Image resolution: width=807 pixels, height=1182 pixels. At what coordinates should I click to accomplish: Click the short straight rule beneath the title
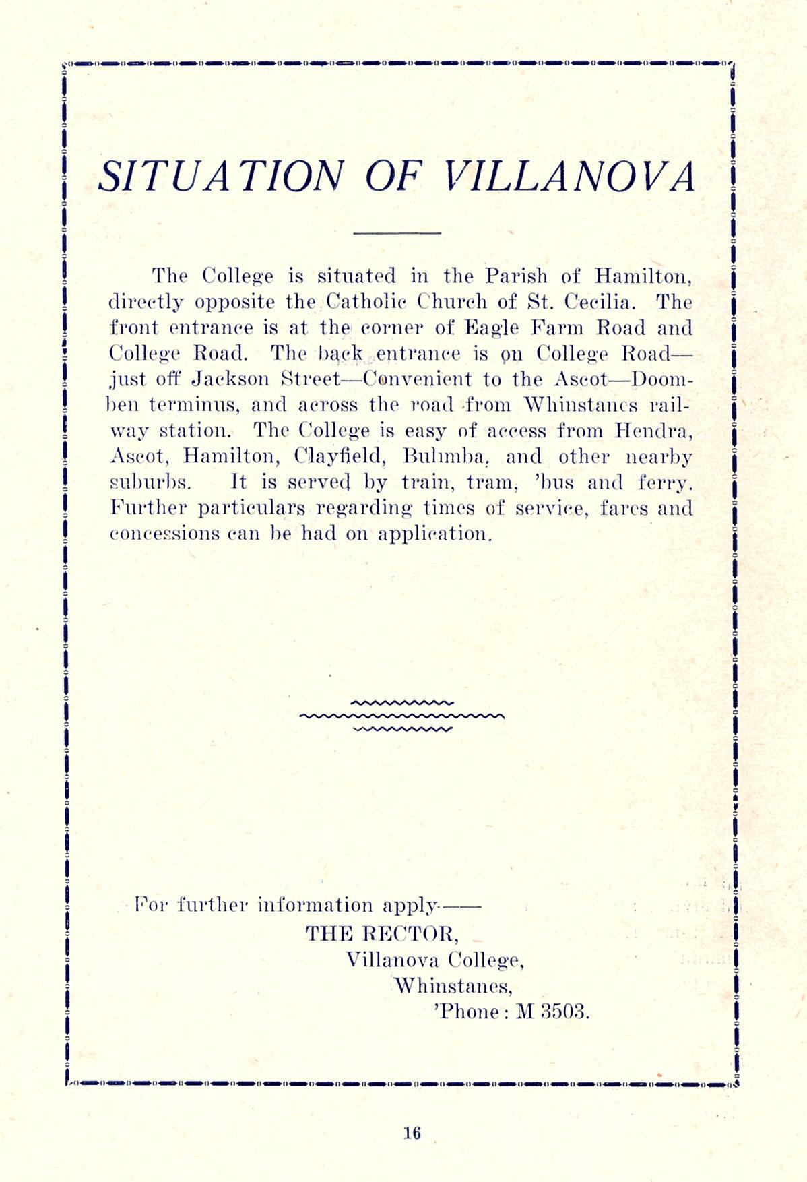[x=397, y=234]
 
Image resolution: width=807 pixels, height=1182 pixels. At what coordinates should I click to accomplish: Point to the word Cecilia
[x=601, y=301]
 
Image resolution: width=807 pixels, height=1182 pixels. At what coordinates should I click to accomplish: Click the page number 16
[x=412, y=1132]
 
